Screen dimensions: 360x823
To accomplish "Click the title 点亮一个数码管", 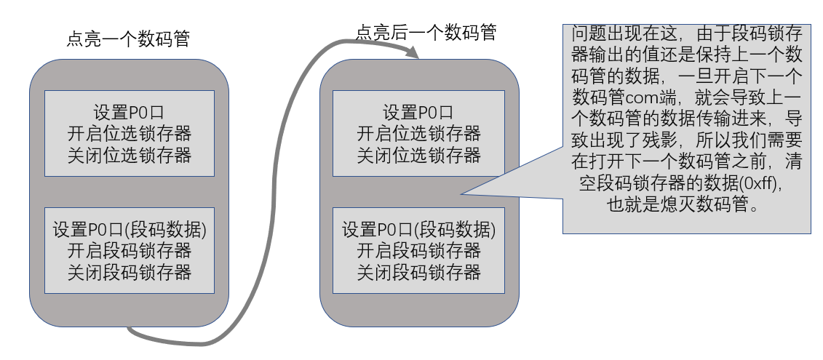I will pos(129,39).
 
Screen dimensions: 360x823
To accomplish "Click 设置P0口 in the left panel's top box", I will pos(130,113).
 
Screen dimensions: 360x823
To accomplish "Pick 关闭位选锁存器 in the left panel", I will pos(130,154).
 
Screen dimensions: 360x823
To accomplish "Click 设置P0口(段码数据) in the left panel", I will pos(130,231).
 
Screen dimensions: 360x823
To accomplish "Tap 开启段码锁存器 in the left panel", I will pos(130,252).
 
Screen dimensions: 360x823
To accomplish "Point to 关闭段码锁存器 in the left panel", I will pos(130,272).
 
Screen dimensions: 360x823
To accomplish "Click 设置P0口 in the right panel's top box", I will pos(419,113).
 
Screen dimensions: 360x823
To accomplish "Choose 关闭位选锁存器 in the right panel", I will pos(419,154).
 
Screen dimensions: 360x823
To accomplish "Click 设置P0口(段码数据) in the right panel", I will pos(419,231).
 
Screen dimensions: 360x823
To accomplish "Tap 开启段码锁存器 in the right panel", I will pos(419,252).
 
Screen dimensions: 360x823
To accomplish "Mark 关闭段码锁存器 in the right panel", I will pos(419,272).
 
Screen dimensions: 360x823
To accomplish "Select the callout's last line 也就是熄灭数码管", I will pos(683,204).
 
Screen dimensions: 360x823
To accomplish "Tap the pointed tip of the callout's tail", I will pos(461,194).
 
